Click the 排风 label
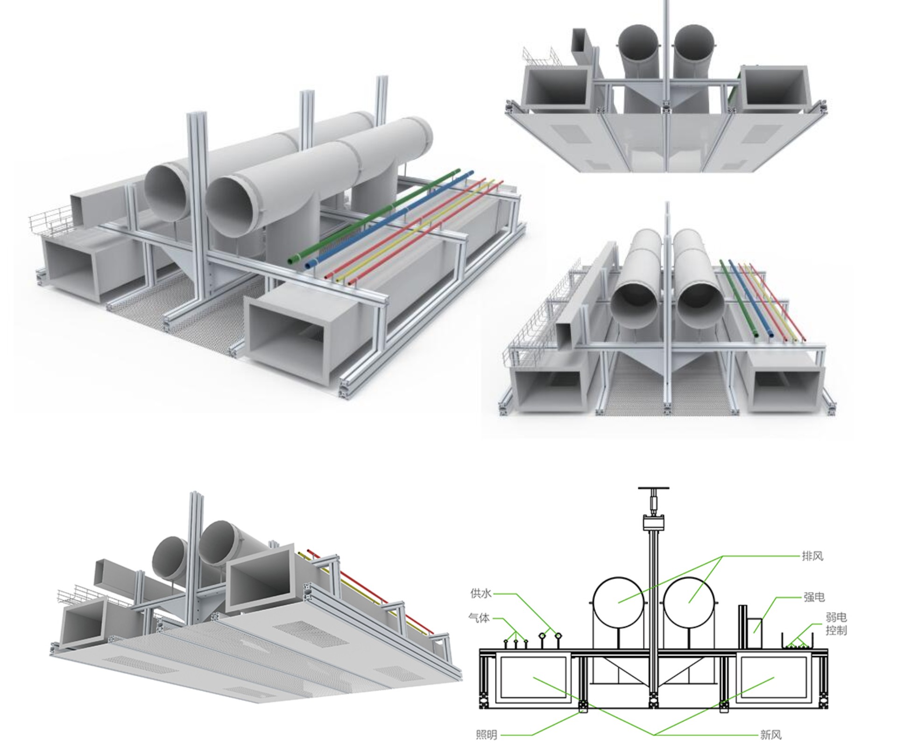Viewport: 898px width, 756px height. [x=813, y=556]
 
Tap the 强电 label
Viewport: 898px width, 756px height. [x=814, y=597]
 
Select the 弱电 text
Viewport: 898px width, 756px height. [x=836, y=618]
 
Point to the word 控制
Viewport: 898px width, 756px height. [x=836, y=630]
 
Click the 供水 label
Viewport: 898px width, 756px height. [x=481, y=593]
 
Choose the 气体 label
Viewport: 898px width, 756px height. [x=479, y=618]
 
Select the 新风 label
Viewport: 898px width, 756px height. [x=771, y=735]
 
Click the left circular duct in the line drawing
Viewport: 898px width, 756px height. [x=619, y=602]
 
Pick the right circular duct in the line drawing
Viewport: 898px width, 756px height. [x=689, y=602]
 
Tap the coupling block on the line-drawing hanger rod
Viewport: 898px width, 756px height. [x=654, y=522]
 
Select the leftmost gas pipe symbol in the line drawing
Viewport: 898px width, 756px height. [x=506, y=643]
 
